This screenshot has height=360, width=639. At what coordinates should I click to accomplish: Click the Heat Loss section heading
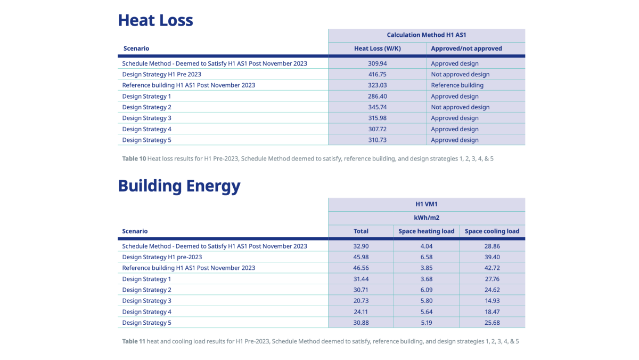click(155, 20)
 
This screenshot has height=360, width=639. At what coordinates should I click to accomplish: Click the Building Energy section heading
click(179, 186)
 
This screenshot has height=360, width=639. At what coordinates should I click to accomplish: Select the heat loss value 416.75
click(377, 74)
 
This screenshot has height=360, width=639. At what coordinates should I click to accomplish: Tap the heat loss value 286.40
click(377, 97)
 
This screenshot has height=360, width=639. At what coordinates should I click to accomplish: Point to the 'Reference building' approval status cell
click(457, 85)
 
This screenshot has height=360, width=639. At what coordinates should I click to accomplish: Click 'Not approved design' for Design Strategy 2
click(460, 107)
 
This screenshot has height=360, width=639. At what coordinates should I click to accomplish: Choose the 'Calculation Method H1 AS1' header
click(426, 35)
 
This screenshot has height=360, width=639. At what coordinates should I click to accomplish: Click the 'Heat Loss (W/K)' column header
click(377, 49)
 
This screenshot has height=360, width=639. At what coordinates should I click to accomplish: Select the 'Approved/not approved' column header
click(466, 49)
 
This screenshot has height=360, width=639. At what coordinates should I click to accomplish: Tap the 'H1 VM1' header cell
click(426, 204)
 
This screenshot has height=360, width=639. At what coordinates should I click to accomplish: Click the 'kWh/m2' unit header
click(427, 218)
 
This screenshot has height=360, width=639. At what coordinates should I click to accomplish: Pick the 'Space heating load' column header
click(426, 231)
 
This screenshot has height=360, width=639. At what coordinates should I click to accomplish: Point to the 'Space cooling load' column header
click(492, 231)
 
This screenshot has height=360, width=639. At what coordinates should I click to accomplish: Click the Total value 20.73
click(361, 301)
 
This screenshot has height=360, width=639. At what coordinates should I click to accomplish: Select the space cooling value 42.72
click(492, 268)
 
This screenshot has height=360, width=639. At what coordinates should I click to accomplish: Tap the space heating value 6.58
click(426, 257)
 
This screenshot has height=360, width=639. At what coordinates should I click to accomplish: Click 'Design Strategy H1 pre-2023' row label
click(162, 257)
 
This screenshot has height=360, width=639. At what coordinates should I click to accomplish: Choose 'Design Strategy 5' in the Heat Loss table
click(146, 140)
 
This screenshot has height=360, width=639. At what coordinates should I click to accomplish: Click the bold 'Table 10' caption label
click(134, 158)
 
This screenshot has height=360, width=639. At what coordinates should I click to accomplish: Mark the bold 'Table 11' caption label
click(134, 341)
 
